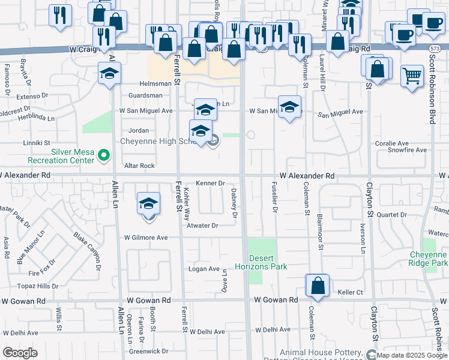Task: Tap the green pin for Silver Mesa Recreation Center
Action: (104, 156)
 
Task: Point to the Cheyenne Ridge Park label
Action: (429, 259)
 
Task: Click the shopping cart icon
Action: (412, 76)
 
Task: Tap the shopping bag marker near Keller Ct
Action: (318, 286)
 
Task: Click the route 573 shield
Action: (435, 47)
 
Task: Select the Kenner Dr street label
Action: (210, 183)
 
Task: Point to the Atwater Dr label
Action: (202, 226)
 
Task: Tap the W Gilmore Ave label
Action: (146, 238)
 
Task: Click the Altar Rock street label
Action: (139, 166)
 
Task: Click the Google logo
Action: (20, 353)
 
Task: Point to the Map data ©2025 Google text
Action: (412, 355)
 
